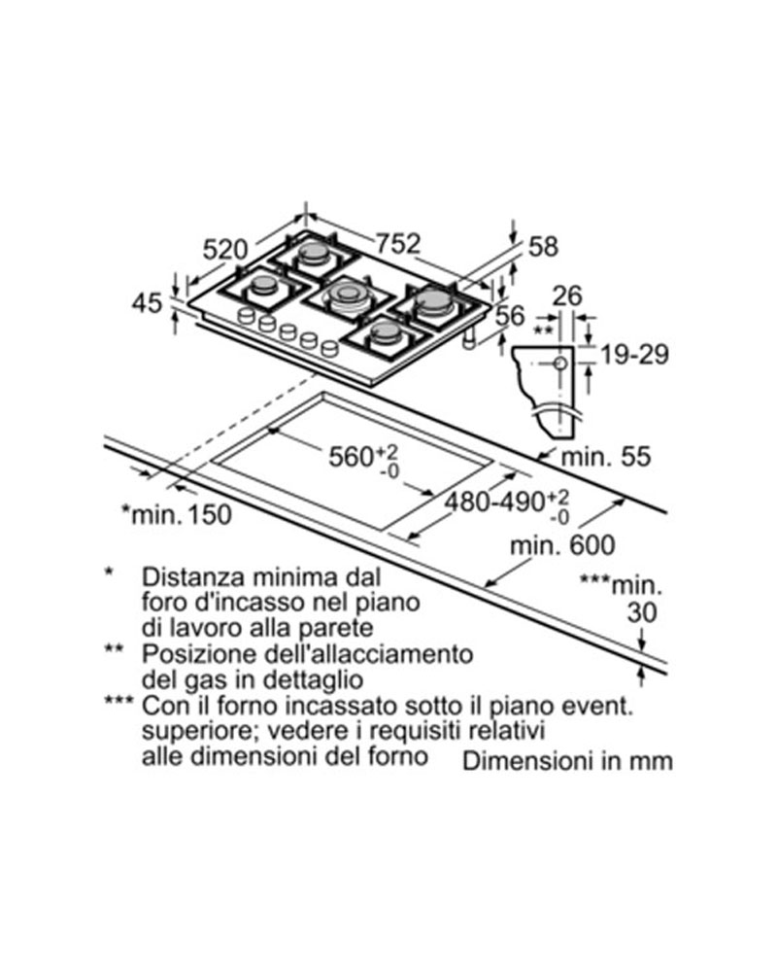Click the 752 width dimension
coord(398,244)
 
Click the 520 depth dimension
coord(225,250)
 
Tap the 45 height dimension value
coord(147,303)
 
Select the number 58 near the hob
coord(543,247)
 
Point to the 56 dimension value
coord(510,316)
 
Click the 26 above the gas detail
coord(567,295)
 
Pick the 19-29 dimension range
coord(635,355)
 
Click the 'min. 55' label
coord(605,457)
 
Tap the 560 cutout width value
coord(351,457)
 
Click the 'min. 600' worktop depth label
coord(562,545)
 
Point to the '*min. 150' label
coord(176,514)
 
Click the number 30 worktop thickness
coord(641,612)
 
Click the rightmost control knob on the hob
coord(329,348)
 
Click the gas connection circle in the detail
coord(560,364)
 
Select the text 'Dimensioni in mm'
coord(567,761)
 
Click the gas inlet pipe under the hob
coord(470,338)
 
